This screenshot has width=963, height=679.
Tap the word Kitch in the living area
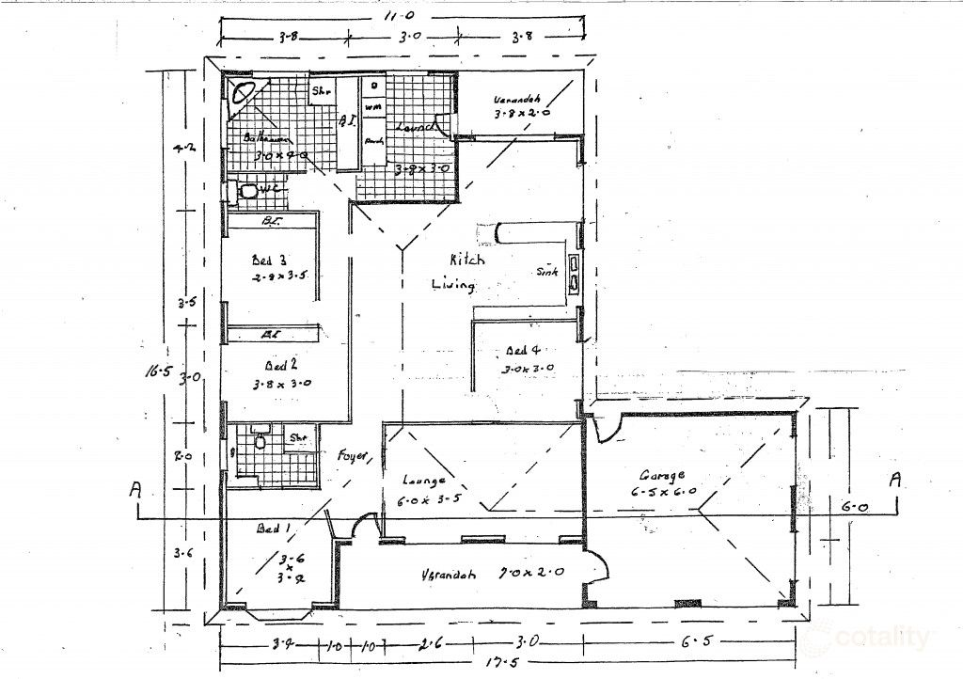[x=466, y=260]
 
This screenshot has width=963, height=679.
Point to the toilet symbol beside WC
[x=248, y=191]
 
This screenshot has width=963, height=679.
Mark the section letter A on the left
[x=136, y=489]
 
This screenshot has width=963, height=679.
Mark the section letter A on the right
[x=894, y=480]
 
